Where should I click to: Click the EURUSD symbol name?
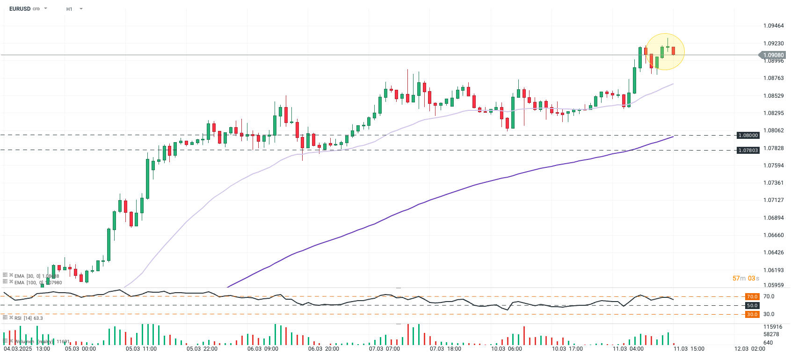[20, 9]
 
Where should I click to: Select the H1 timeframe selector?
[69, 9]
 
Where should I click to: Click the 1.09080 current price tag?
[773, 55]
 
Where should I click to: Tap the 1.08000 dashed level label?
[747, 135]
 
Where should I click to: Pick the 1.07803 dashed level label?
[747, 150]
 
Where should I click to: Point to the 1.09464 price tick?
[773, 26]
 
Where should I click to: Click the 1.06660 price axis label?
[773, 235]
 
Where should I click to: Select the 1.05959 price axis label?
[773, 285]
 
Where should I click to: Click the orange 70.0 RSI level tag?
[752, 296]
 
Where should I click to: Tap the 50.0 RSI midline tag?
[752, 305]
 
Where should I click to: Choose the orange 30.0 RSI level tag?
[752, 314]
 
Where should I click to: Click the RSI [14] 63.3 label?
[28, 318]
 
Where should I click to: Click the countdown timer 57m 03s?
[746, 278]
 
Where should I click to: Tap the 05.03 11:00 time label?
[141, 349]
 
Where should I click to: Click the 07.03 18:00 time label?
[445, 349]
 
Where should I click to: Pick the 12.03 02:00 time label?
[749, 349]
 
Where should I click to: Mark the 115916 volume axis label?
[772, 327]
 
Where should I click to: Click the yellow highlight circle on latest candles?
[665, 52]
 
